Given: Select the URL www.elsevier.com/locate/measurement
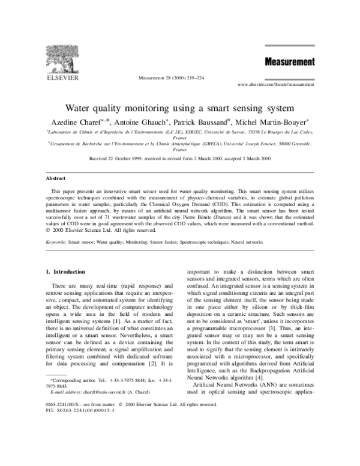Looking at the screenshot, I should click(x=276, y=85).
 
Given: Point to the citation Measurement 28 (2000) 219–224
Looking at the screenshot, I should click(x=170, y=78).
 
